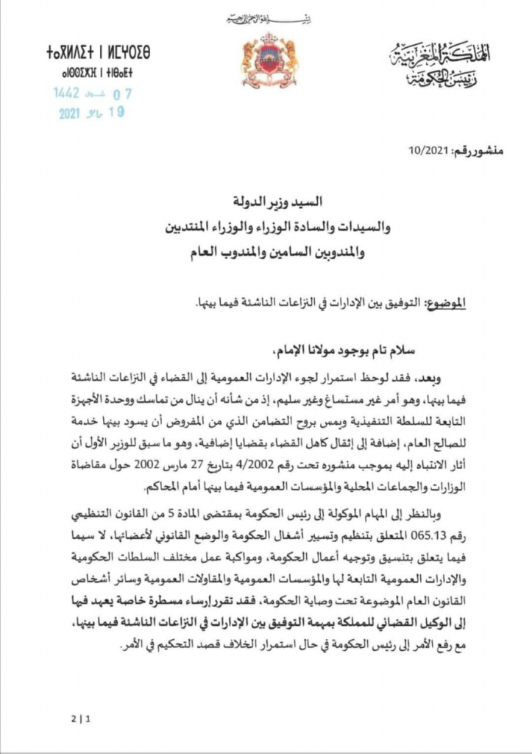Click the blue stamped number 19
coord(116,112)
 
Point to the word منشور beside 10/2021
coord(479,152)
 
